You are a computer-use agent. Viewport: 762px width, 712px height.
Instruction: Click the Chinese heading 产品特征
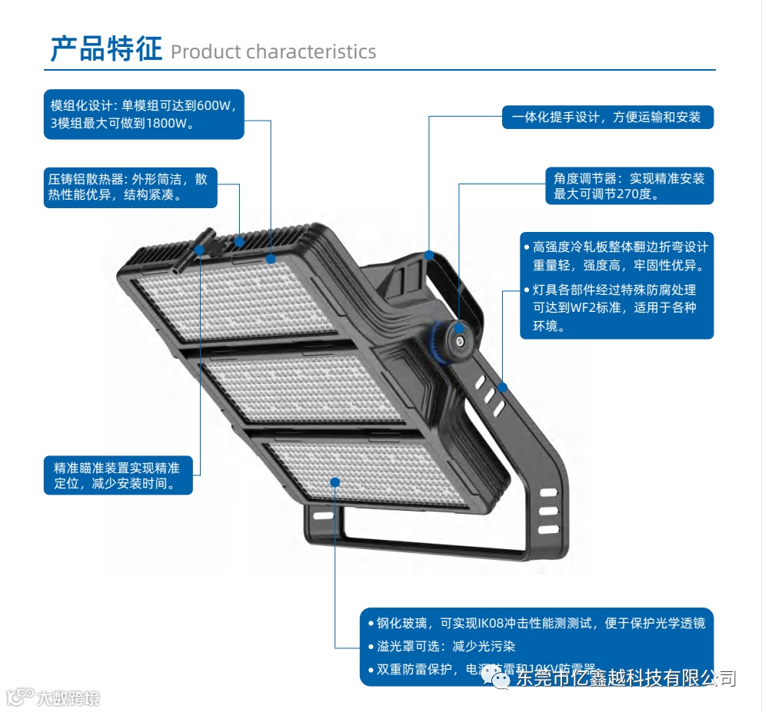pos(106,48)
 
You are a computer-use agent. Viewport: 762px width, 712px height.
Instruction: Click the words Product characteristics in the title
pos(273,52)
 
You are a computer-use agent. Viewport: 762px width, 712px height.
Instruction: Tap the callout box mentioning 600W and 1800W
pos(144,114)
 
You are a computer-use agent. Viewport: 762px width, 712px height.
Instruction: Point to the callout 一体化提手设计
pos(607,118)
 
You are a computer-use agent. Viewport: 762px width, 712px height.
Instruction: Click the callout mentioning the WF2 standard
pos(617,307)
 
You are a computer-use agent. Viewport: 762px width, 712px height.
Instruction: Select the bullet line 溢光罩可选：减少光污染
pos(447,646)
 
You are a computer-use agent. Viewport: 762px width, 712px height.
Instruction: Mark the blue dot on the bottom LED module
pos(335,482)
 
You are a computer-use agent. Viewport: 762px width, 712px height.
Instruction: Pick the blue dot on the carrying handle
pos(429,255)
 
